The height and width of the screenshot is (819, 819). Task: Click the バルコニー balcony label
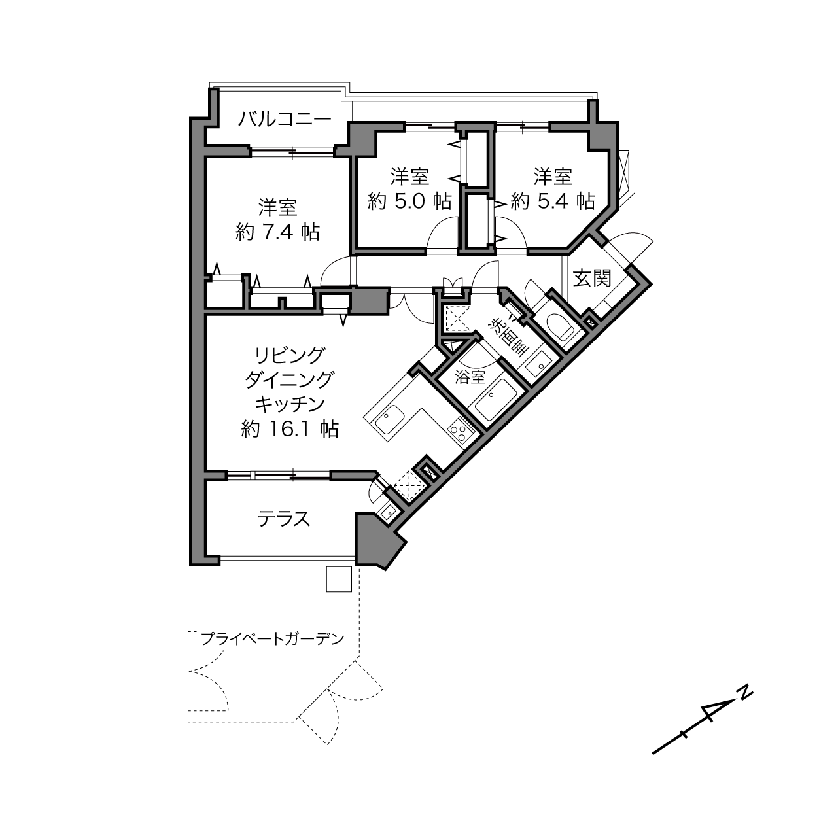point(285,119)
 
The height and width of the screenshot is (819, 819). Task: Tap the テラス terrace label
point(284,519)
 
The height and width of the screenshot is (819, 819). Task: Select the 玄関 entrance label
point(592,279)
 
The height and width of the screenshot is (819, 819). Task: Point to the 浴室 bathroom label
point(470,377)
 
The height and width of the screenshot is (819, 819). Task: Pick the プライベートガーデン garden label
point(272,639)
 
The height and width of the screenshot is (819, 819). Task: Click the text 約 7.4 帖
point(277,232)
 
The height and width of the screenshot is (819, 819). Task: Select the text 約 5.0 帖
point(409,201)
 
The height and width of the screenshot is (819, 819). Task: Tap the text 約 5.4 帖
point(553,201)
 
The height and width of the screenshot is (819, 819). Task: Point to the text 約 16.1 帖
point(289,429)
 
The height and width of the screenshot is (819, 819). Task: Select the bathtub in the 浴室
point(496,400)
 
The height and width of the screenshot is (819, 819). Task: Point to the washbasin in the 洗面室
point(538,364)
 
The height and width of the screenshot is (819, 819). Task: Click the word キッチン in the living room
point(290,404)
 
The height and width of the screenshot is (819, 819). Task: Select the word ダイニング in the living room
point(289,379)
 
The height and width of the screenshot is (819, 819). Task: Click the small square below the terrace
point(339,579)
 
